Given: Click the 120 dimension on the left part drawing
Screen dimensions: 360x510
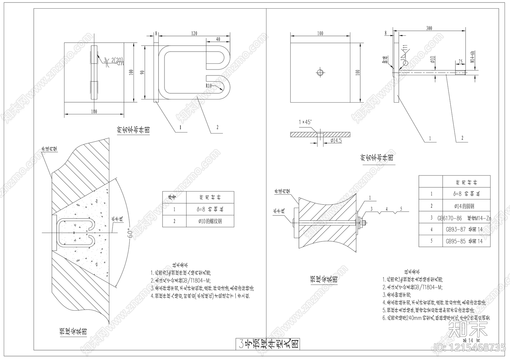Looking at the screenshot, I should pos(194,33).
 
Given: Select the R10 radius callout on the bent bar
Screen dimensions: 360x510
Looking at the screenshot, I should pos(209,86).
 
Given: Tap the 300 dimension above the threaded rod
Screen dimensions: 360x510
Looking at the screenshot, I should pos(429,28).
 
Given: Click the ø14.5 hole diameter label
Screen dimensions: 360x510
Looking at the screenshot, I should pos(336,140).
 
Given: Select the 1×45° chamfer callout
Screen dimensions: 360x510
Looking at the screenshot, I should pos(305,122).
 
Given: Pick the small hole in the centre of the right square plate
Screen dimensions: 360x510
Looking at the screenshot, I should pos(320,72).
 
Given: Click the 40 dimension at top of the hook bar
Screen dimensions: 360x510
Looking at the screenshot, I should pos(218,39).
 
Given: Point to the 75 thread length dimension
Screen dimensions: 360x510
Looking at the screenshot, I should pos(460,61).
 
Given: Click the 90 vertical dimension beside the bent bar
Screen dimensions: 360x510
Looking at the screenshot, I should pos(142,73).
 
